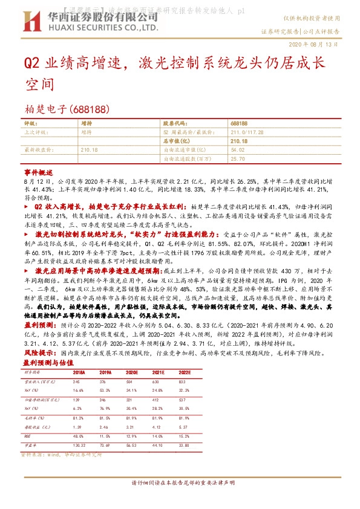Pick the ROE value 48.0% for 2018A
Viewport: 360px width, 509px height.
pyautogui.click(x=78, y=436)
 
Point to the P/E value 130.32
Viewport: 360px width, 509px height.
pyautogui.click(x=79, y=445)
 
